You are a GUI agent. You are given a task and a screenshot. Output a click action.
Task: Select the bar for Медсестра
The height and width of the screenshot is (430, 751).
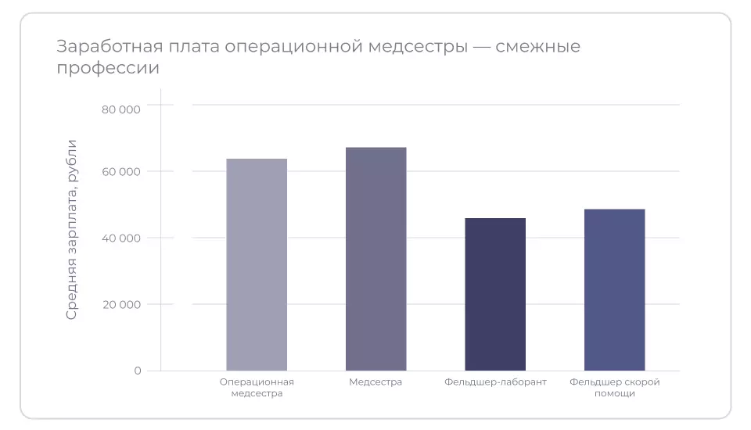click(x=375, y=259)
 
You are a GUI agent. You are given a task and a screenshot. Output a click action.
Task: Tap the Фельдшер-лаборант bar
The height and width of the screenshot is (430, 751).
click(x=495, y=294)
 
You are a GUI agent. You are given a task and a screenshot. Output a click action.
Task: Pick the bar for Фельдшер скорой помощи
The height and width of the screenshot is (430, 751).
click(x=614, y=289)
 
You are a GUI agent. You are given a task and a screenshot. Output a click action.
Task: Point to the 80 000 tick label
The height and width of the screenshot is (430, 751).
click(x=121, y=109)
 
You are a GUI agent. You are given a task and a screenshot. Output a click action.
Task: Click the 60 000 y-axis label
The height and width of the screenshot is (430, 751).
click(x=121, y=172)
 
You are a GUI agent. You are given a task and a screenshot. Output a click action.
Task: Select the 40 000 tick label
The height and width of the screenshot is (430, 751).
click(x=121, y=238)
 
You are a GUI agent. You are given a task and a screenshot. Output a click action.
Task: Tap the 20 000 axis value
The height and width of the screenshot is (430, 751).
click(x=121, y=305)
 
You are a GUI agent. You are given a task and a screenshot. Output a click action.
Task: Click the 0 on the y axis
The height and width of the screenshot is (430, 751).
click(x=138, y=371)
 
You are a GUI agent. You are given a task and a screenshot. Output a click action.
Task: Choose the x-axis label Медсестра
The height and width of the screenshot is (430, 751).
click(x=375, y=382)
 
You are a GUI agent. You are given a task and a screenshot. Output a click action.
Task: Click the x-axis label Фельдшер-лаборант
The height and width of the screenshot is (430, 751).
click(x=495, y=382)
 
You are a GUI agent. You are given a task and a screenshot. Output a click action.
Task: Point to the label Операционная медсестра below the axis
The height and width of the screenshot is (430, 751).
click(x=257, y=388)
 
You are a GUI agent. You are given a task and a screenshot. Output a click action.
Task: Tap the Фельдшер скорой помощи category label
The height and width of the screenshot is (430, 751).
click(x=614, y=388)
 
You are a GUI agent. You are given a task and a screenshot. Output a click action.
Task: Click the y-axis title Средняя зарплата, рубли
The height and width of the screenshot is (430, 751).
click(x=71, y=229)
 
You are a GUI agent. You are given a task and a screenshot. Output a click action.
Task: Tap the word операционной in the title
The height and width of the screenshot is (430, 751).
click(x=293, y=47)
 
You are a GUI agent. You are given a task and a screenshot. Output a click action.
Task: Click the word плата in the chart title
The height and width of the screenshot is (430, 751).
click(x=192, y=47)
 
